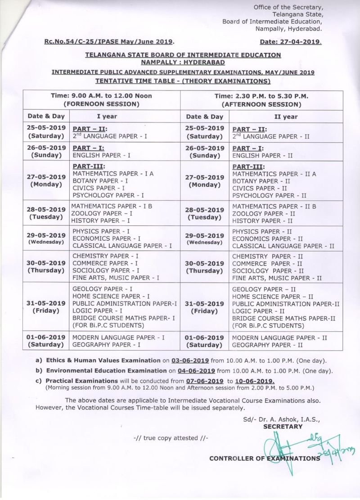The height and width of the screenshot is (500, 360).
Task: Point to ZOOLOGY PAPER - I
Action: click(99, 214)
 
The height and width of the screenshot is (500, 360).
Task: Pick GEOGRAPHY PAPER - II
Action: click(267, 345)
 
